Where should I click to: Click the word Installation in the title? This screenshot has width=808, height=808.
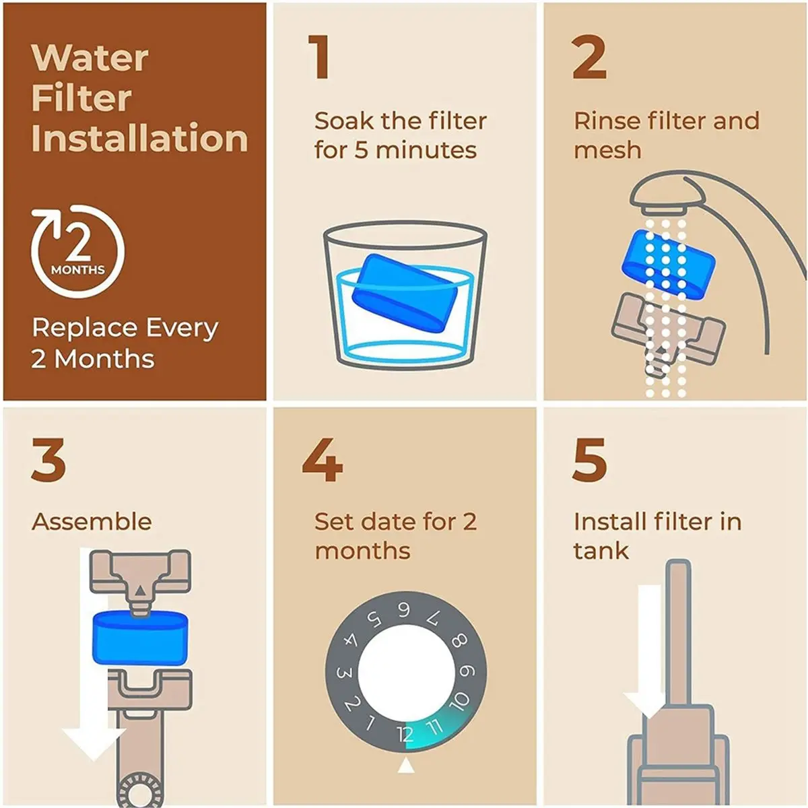pyautogui.click(x=139, y=138)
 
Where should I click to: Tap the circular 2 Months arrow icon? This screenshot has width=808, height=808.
pyautogui.click(x=77, y=251)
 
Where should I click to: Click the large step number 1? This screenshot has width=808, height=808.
pyautogui.click(x=319, y=57)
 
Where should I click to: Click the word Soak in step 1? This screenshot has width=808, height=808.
pyautogui.click(x=343, y=121)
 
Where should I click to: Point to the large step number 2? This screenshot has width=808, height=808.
pyautogui.click(x=588, y=57)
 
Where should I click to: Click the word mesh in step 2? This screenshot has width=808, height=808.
pyautogui.click(x=607, y=150)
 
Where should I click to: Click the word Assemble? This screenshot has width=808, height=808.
pyautogui.click(x=92, y=522)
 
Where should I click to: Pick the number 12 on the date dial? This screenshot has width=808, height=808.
pyautogui.click(x=405, y=733)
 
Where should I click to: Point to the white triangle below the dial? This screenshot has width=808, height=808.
pyautogui.click(x=405, y=765)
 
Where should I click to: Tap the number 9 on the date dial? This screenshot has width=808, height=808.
pyautogui.click(x=467, y=671)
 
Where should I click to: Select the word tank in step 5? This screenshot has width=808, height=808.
pyautogui.click(x=601, y=551)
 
